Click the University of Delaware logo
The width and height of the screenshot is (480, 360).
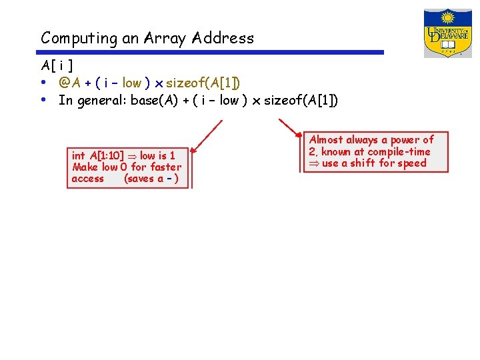447,33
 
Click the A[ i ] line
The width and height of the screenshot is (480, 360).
57,66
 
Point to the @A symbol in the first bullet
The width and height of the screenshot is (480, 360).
65,83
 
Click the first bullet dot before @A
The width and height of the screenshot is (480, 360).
43,83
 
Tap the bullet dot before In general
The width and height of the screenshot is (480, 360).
43,100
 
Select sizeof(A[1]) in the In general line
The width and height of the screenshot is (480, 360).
301,101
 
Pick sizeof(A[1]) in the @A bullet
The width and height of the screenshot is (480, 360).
203,83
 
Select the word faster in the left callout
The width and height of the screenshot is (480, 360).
165,167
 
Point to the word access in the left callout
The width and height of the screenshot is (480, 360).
87,178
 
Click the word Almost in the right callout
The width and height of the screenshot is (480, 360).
326,140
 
